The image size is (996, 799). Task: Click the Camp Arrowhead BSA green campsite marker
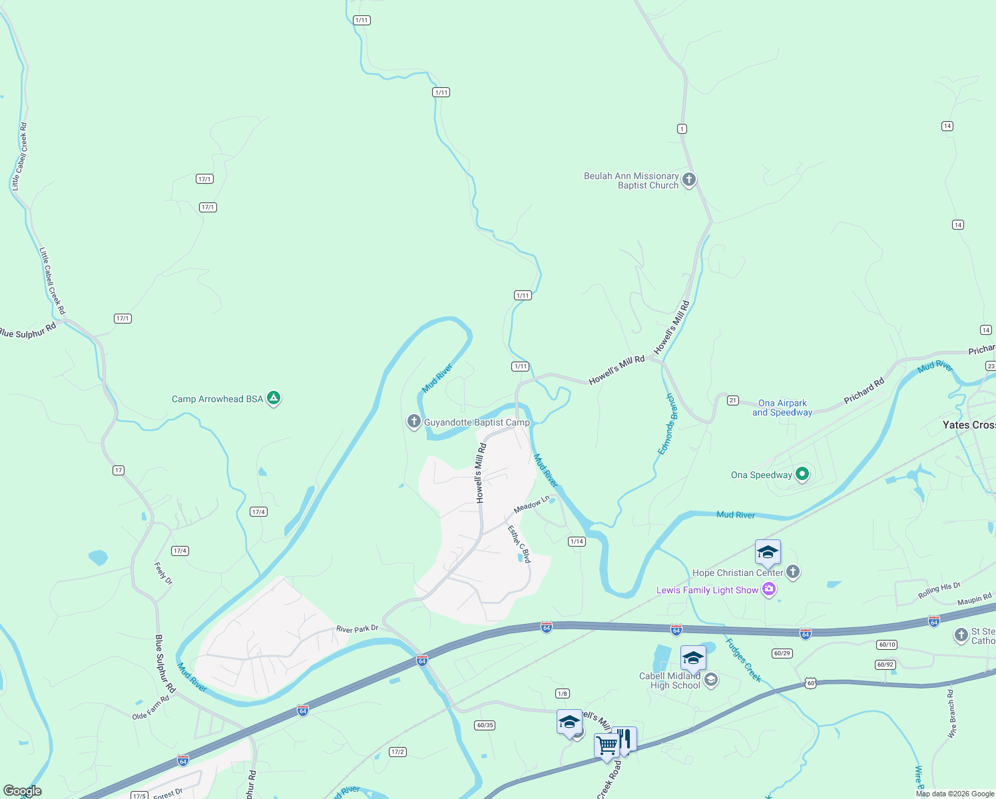[x=273, y=398]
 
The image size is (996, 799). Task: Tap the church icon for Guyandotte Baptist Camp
[x=413, y=421]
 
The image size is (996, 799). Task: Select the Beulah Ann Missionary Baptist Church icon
[x=689, y=180]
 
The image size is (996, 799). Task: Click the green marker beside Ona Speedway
[x=802, y=474]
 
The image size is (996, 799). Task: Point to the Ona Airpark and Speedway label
[x=782, y=407]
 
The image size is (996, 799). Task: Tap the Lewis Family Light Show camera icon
[x=769, y=589]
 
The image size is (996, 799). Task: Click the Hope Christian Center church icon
[x=792, y=571]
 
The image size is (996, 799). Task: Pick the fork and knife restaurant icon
[x=624, y=738]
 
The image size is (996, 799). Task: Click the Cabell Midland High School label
[x=670, y=680]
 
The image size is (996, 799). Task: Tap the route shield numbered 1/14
[x=577, y=541]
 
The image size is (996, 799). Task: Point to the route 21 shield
[x=733, y=400]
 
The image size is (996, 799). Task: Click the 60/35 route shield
[x=485, y=725]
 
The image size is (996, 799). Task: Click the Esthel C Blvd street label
[x=519, y=544]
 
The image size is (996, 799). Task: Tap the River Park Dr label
[x=357, y=629]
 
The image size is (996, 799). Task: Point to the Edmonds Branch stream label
[x=666, y=424]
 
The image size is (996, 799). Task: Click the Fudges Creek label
[x=743, y=660]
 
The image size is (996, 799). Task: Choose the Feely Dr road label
[x=163, y=573]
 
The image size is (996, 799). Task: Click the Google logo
[x=23, y=791]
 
